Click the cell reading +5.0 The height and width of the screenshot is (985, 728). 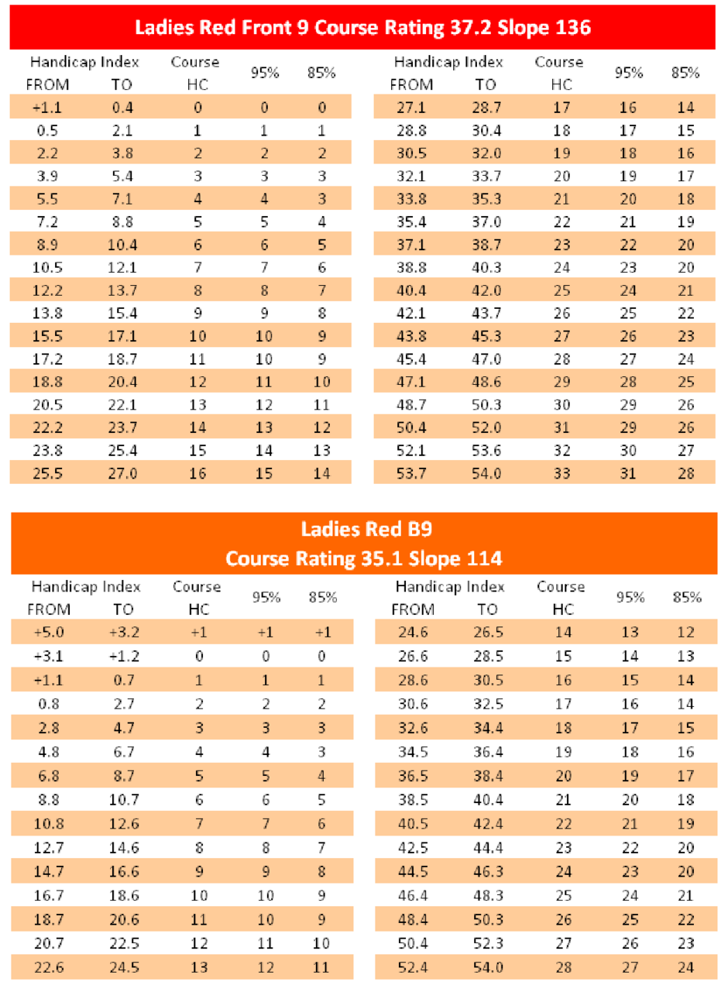point(49,632)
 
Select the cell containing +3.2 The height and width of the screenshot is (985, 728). point(125,632)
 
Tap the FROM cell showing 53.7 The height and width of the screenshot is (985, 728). point(411,473)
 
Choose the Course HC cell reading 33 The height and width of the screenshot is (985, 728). point(562,473)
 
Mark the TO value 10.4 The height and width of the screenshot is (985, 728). point(122,245)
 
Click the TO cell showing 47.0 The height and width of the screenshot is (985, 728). point(486,359)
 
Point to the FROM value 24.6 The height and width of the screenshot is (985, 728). point(413,632)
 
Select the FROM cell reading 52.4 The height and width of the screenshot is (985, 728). point(413,966)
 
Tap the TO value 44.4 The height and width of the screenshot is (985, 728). point(488,847)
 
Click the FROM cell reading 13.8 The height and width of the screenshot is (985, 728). point(47,313)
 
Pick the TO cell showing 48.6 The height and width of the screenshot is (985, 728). point(486,382)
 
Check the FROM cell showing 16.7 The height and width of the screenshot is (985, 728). point(49,895)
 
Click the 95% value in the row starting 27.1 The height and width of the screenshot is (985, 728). point(628,108)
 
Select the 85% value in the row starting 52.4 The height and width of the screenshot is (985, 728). point(686,966)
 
